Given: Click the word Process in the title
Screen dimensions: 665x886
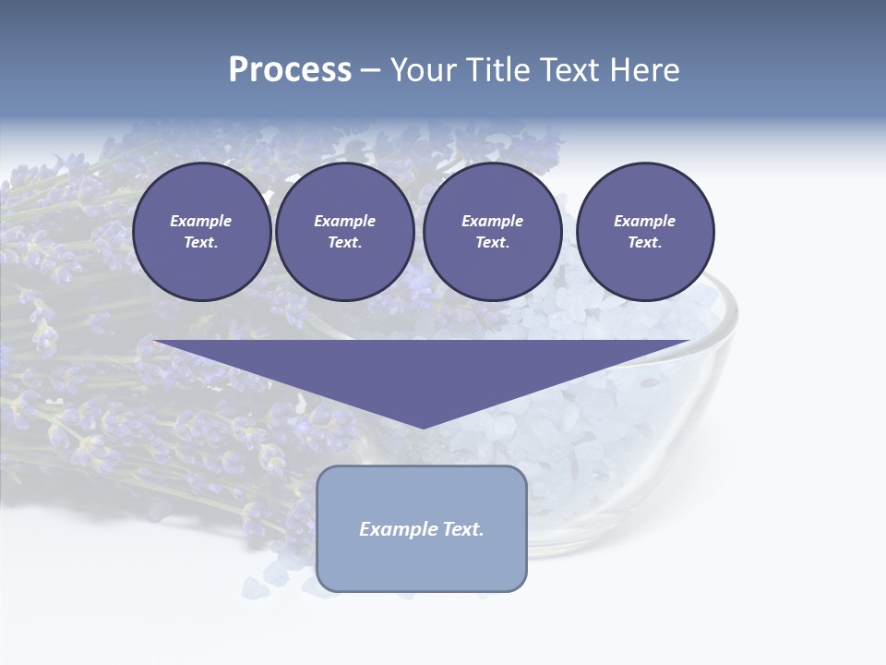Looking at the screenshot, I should [290, 70].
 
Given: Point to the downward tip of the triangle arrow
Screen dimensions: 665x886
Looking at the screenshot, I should [423, 427].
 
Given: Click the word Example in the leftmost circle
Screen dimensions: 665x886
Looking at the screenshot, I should [201, 221].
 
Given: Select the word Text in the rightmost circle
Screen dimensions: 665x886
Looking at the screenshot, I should [644, 243].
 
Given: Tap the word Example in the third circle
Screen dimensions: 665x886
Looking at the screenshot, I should [492, 221].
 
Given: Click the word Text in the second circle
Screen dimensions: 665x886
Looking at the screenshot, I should [344, 243].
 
